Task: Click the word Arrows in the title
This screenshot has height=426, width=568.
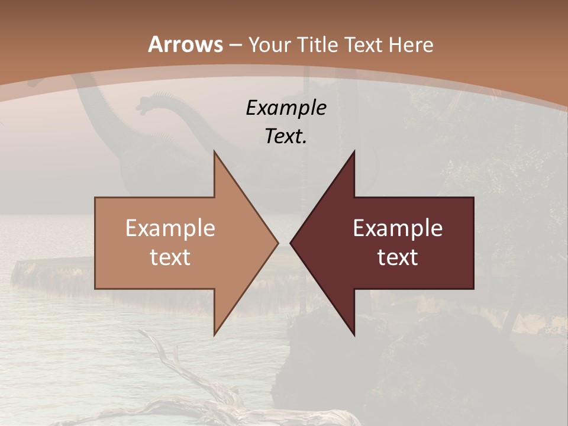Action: pyautogui.click(x=186, y=45)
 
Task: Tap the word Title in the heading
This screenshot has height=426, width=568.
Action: pyautogui.click(x=317, y=45)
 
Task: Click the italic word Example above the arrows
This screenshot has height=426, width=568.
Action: pyautogui.click(x=286, y=108)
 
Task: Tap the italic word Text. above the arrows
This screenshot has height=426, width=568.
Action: pyautogui.click(x=286, y=137)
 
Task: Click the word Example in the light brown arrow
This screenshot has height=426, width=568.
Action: pyautogui.click(x=170, y=228)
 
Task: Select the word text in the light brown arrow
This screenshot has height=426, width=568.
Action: pyautogui.click(x=170, y=257)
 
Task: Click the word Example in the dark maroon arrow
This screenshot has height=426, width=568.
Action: pyautogui.click(x=398, y=228)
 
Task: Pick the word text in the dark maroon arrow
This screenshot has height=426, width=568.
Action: pyautogui.click(x=398, y=257)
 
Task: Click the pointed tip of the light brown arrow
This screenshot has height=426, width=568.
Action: pyautogui.click(x=277, y=243)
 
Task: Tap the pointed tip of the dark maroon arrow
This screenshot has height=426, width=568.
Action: pyautogui.click(x=291, y=243)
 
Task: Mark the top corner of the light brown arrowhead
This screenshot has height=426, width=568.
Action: pyautogui.click(x=215, y=151)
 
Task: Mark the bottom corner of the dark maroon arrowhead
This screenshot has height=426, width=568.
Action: pyautogui.click(x=354, y=335)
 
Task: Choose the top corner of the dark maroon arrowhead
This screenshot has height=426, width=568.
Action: pyautogui.click(x=354, y=151)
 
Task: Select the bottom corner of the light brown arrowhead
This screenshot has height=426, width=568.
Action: pyautogui.click(x=215, y=335)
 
